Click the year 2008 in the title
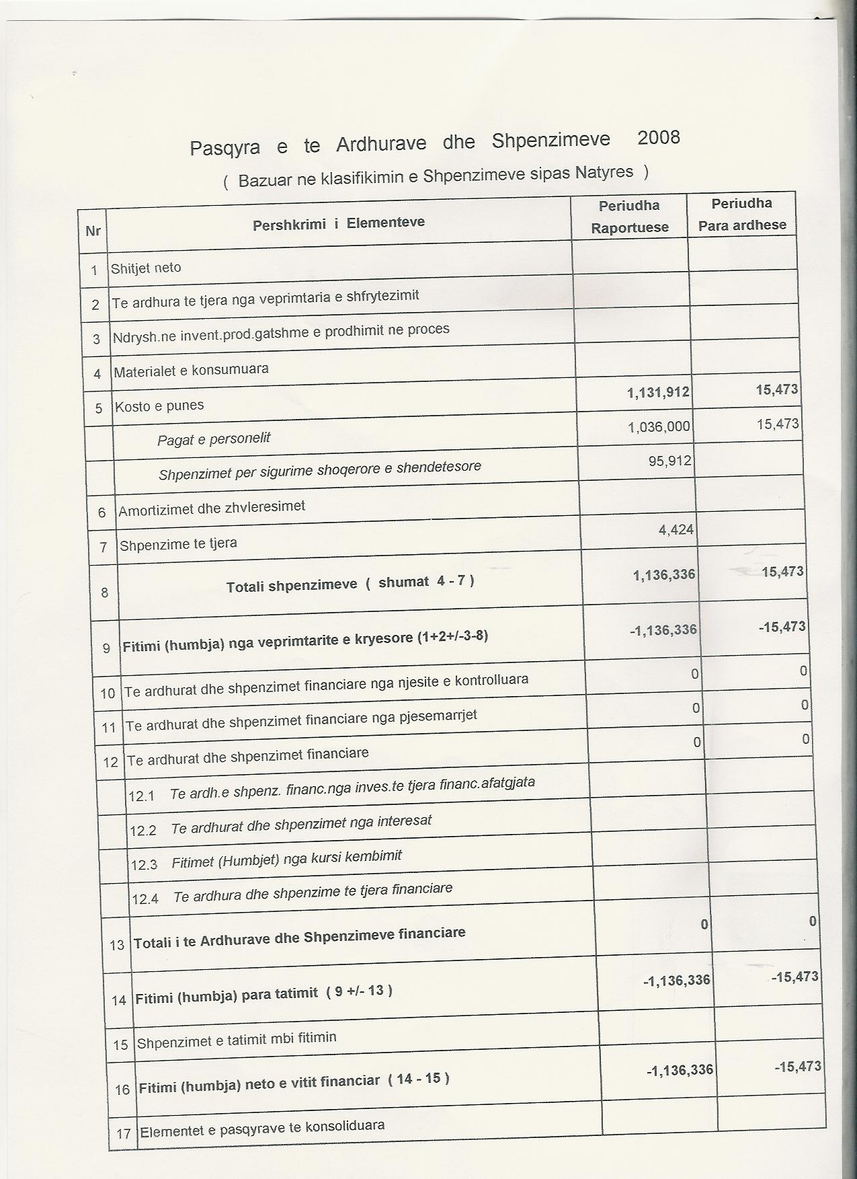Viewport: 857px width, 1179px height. (658, 138)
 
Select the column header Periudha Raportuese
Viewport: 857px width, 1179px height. (630, 216)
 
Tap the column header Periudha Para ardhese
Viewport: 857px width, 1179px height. (742, 214)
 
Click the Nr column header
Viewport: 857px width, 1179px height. (93, 231)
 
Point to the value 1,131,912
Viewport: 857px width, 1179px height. (658, 391)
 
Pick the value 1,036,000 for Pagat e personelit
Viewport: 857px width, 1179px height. (659, 426)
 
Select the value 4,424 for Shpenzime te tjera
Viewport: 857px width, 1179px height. (676, 529)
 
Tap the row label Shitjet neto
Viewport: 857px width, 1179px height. (146, 268)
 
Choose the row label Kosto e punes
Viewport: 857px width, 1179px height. (159, 406)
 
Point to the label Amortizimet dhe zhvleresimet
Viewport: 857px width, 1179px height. (212, 508)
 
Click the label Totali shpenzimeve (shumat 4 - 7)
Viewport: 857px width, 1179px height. (350, 583)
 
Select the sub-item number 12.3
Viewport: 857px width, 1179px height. (144, 864)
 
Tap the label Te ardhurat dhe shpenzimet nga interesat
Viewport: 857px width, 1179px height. (301, 824)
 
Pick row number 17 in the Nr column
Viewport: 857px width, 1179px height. (123, 1133)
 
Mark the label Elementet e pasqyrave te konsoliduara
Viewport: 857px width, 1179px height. (261, 1128)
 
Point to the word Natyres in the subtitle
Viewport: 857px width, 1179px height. (604, 172)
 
